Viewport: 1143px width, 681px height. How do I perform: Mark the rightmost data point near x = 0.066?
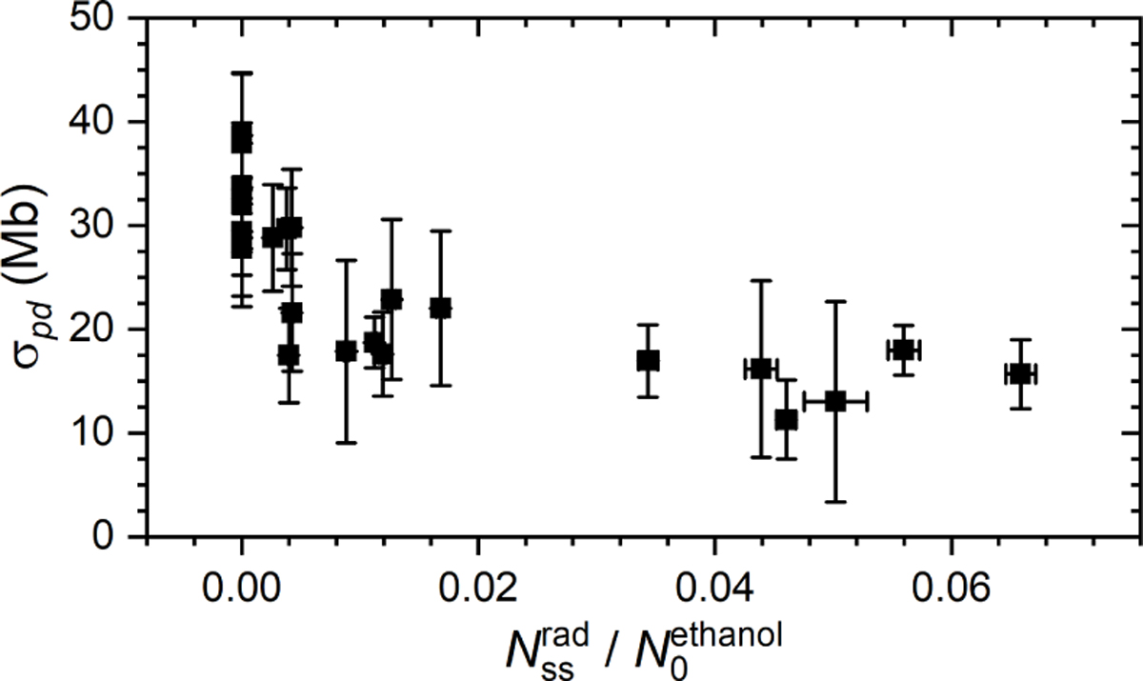[x=1020, y=374]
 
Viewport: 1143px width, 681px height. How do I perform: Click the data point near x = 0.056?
[x=902, y=350]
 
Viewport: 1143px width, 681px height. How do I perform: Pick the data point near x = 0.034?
[x=648, y=360]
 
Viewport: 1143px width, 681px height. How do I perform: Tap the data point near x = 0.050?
[x=835, y=401]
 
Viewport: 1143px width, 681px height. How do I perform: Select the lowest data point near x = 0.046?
[x=786, y=419]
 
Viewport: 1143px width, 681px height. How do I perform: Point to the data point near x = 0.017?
[x=440, y=308]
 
